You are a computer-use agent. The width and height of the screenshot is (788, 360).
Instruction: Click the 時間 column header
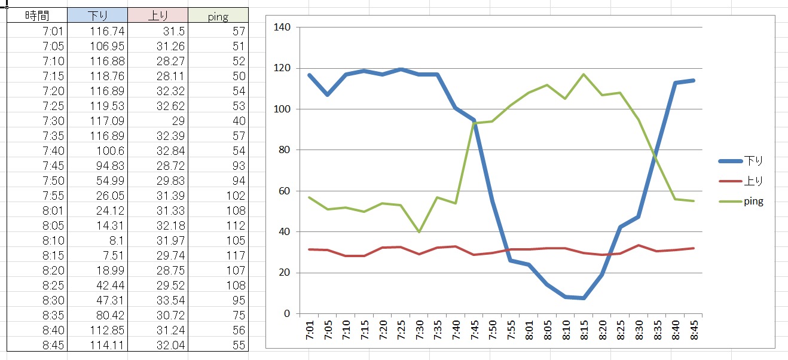coord(37,16)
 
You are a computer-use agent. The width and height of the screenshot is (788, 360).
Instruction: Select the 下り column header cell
coord(97,16)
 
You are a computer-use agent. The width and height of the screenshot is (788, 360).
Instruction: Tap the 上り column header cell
coord(158,16)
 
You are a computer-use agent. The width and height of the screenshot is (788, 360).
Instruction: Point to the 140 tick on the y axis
coord(282,28)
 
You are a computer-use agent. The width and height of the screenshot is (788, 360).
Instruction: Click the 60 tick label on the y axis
coord(285,191)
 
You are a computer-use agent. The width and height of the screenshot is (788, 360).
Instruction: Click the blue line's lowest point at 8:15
coord(584,298)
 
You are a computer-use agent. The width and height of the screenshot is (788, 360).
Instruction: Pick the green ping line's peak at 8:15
coord(584,74)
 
